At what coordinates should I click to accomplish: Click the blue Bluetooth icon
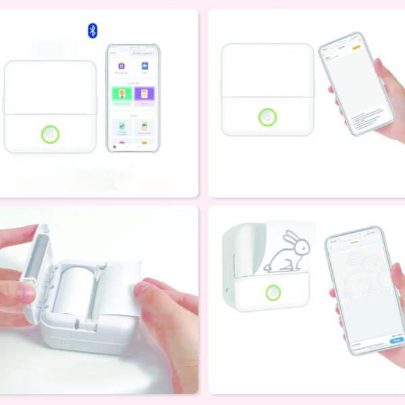pyautogui.click(x=92, y=30)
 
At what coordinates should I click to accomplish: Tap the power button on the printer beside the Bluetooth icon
pyautogui.click(x=49, y=134)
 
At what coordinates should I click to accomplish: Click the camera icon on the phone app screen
pyautogui.click(x=122, y=66)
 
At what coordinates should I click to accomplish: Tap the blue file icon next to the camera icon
pyautogui.click(x=145, y=66)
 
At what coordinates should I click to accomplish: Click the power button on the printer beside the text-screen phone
pyautogui.click(x=267, y=117)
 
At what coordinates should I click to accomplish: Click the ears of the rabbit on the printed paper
pyautogui.click(x=290, y=238)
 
